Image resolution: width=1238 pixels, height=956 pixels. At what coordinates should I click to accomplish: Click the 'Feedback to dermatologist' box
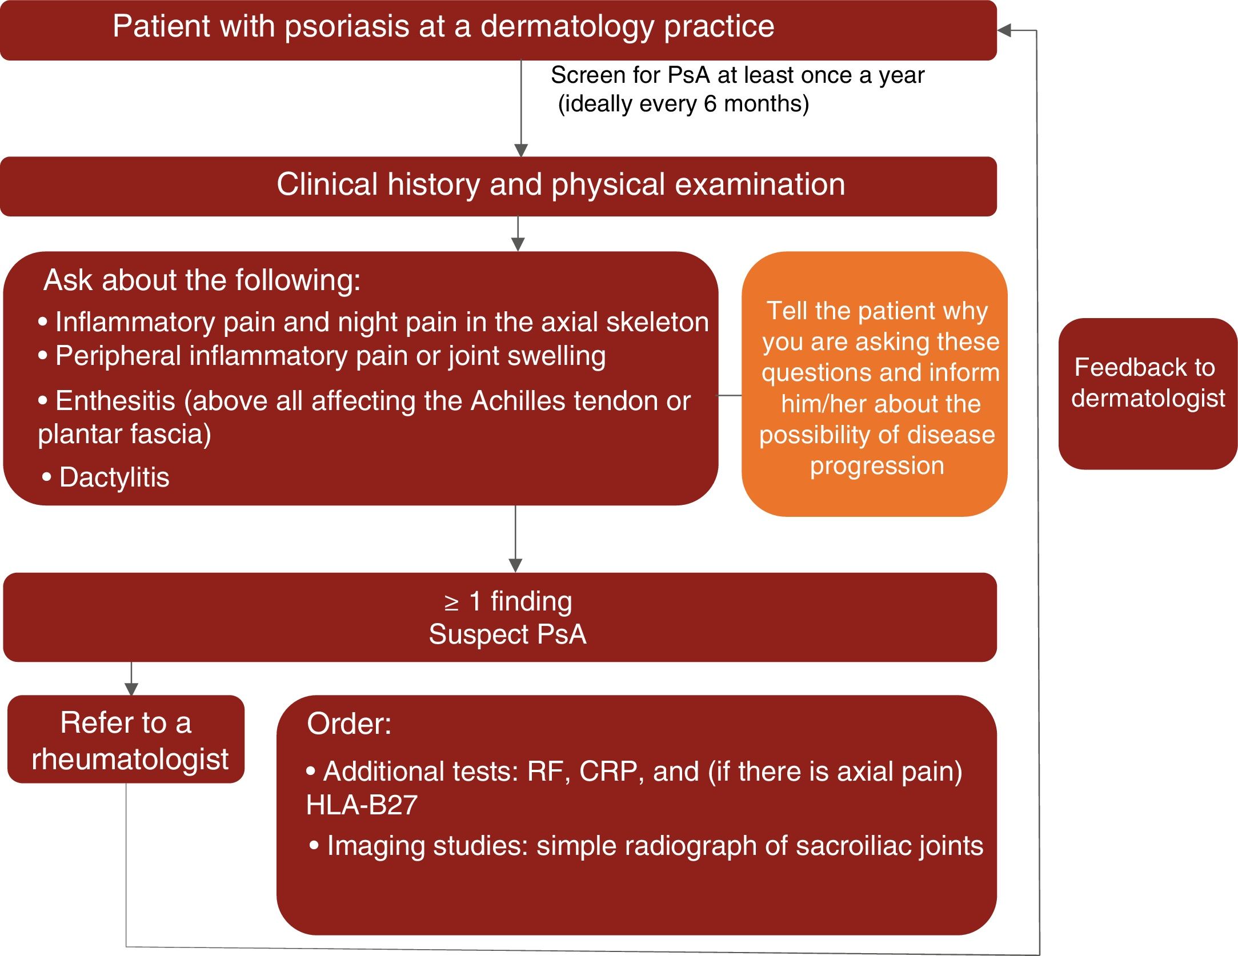1147,393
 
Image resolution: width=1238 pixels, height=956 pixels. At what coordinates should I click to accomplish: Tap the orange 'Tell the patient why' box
874,384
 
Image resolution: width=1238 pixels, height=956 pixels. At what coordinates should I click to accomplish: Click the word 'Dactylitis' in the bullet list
114,477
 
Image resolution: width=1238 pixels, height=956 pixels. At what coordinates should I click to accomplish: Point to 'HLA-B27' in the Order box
362,805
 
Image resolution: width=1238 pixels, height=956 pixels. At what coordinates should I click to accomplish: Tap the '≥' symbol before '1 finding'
451,602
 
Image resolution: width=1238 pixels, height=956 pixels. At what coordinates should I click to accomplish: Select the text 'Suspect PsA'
507,634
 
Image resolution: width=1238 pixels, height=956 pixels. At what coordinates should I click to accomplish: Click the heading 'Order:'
349,724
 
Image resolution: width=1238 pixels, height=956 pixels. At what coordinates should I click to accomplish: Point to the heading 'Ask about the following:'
202,280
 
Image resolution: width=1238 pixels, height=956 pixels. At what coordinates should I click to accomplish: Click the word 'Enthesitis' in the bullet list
115,401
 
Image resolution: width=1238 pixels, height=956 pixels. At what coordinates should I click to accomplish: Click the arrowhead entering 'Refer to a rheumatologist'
131,689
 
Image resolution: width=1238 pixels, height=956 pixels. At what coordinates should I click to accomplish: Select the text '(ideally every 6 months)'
683,104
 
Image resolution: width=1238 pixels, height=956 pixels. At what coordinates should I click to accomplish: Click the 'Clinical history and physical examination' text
560,184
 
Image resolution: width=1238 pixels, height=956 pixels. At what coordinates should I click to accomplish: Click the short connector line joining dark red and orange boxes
730,395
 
